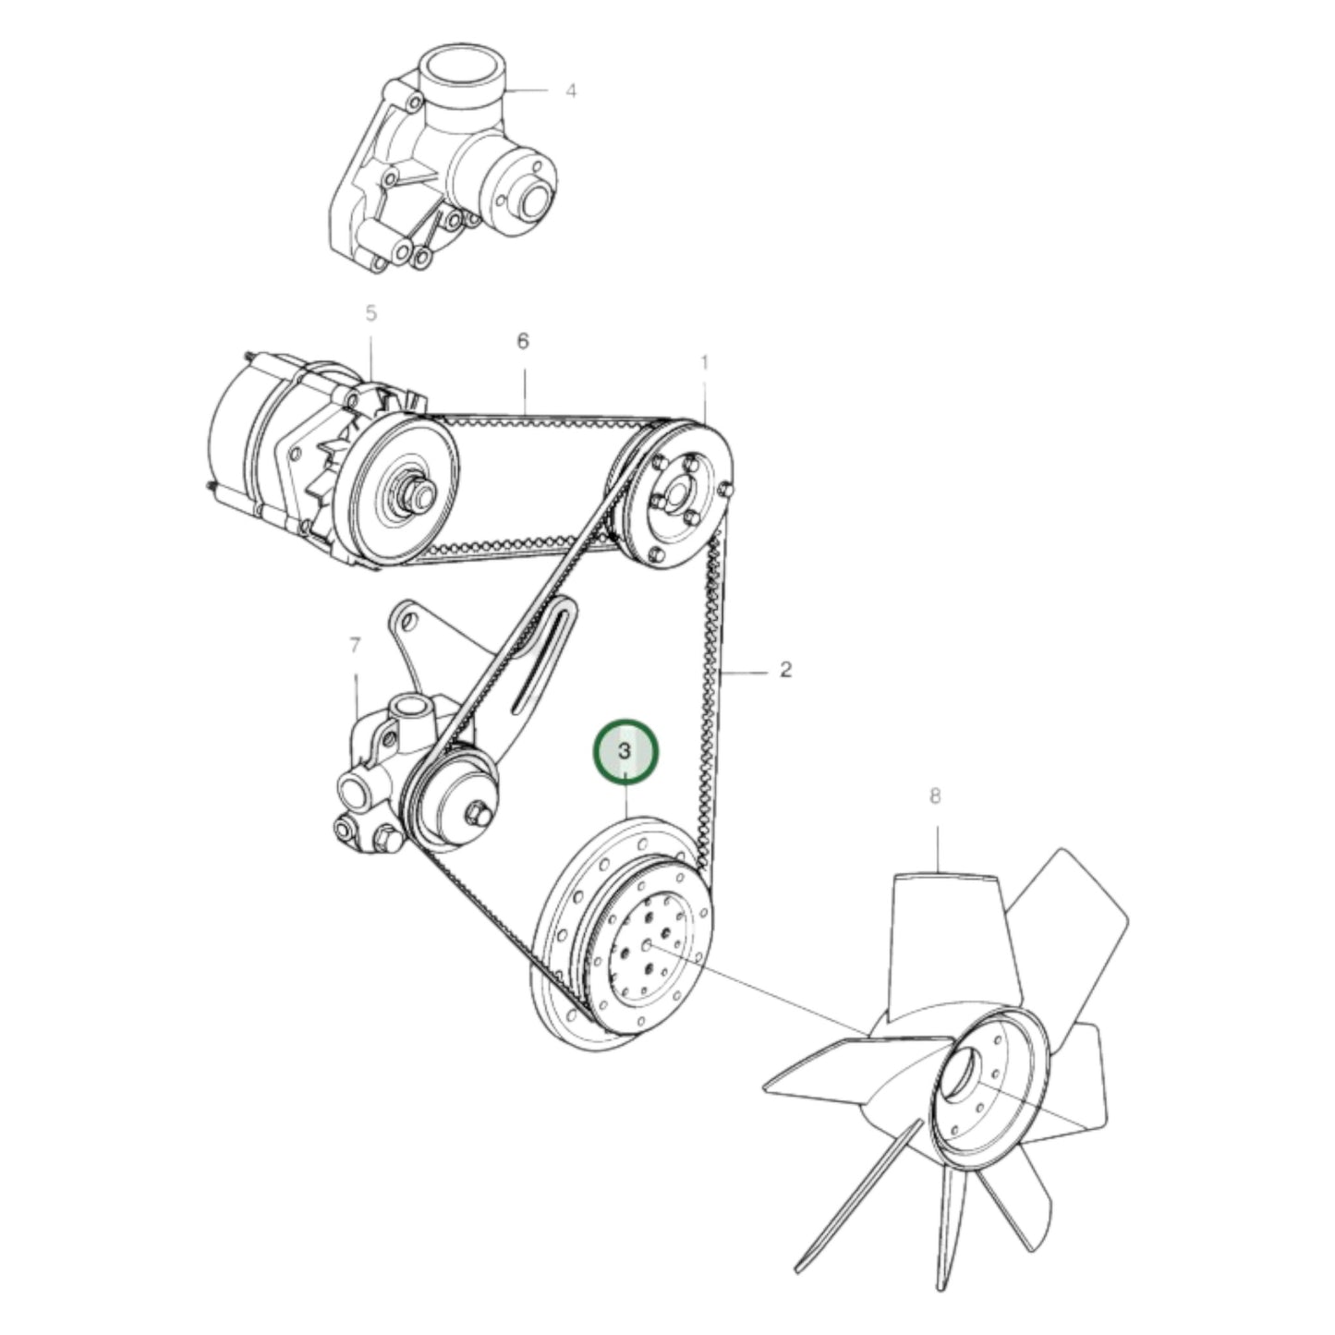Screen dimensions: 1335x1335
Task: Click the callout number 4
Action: pyautogui.click(x=571, y=91)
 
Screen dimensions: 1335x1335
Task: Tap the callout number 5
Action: pyautogui.click(x=370, y=313)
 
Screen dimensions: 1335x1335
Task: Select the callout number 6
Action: pyautogui.click(x=523, y=341)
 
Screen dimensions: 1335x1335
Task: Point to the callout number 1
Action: pyautogui.click(x=704, y=362)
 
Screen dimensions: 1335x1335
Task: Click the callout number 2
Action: pyautogui.click(x=785, y=669)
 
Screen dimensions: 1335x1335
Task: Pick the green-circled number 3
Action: pyautogui.click(x=625, y=750)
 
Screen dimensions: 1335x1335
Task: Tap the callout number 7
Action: pyautogui.click(x=356, y=646)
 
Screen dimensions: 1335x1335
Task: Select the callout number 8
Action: pyautogui.click(x=935, y=795)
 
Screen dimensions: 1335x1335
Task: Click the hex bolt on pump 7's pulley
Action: pyautogui.click(x=478, y=812)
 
